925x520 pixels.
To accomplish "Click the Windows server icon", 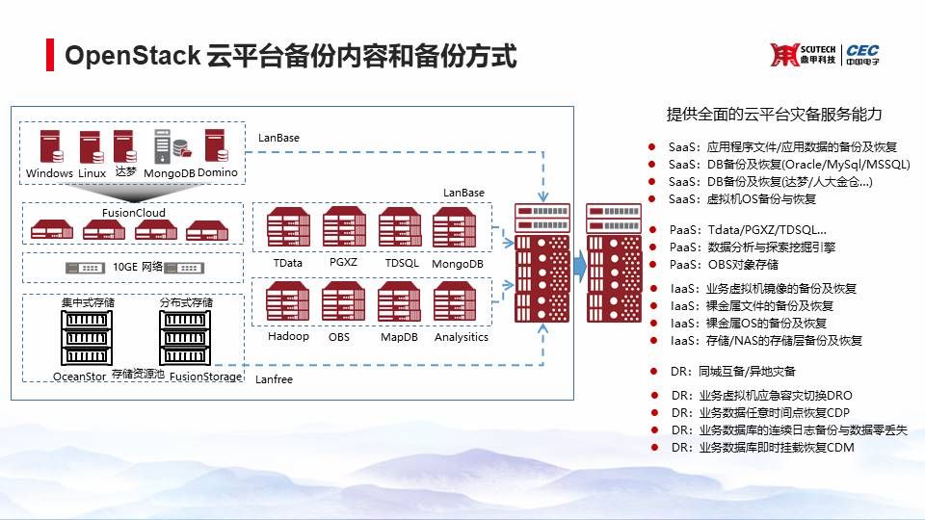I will (x=49, y=147).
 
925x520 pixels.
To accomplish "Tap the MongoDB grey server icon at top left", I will (x=165, y=147).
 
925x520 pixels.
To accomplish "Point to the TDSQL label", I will (x=399, y=263).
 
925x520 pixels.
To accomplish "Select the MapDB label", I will (x=397, y=337).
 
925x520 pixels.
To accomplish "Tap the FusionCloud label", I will (x=133, y=213).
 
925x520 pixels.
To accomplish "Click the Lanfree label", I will (x=275, y=380).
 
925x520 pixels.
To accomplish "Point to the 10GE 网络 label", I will (x=133, y=267).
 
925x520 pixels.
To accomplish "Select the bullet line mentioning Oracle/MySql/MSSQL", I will (x=788, y=165).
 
